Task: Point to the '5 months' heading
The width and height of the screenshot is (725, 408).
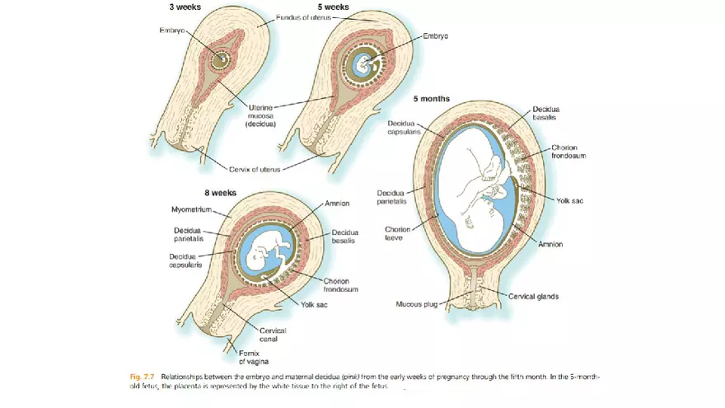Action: pyautogui.click(x=432, y=99)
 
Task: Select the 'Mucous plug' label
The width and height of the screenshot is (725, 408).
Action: pyautogui.click(x=417, y=303)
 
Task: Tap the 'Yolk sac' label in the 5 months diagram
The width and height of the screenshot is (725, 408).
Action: pyautogui.click(x=569, y=200)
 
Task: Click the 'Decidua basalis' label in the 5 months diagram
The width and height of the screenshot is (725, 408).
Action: pyautogui.click(x=547, y=114)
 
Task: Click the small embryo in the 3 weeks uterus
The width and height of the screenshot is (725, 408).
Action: pyautogui.click(x=219, y=59)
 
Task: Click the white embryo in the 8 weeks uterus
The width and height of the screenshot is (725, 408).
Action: pyautogui.click(x=268, y=251)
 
